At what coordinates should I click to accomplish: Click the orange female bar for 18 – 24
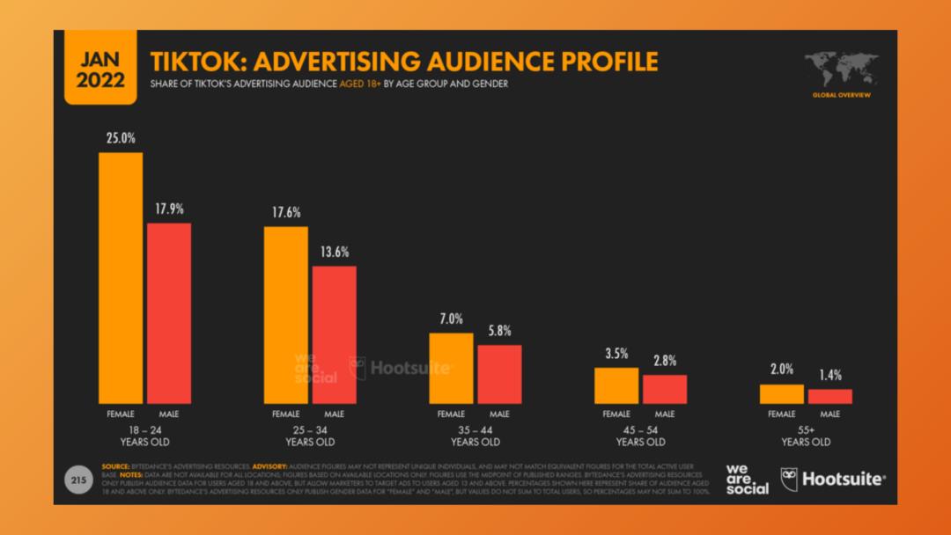click(x=121, y=277)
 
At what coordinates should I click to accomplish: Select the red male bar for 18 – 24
click(x=169, y=312)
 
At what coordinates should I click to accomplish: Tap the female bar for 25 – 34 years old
click(x=286, y=314)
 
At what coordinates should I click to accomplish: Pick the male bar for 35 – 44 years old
click(x=499, y=373)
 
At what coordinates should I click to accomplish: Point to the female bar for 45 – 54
click(x=616, y=385)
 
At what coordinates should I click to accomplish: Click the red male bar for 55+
click(x=830, y=396)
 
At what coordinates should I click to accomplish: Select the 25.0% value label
click(x=121, y=139)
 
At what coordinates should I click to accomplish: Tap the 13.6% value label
click(x=335, y=252)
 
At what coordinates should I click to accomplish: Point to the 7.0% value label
click(x=451, y=319)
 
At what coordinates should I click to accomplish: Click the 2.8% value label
click(x=665, y=360)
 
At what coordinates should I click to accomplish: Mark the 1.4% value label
click(x=830, y=375)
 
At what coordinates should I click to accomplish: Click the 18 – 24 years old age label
click(x=144, y=436)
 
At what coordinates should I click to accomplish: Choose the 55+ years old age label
click(x=806, y=436)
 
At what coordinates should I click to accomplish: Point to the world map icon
click(x=840, y=69)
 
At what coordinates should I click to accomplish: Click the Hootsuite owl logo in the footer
click(x=789, y=480)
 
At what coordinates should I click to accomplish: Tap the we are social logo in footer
click(x=747, y=479)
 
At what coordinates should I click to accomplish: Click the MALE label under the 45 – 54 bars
click(x=665, y=414)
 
